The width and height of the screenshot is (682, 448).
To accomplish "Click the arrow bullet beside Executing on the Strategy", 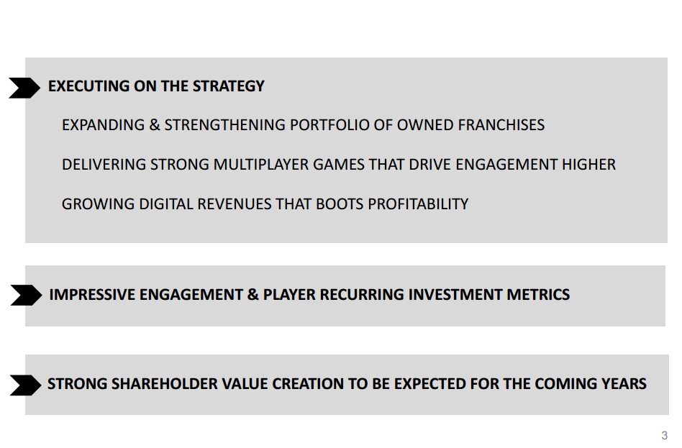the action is point(24,88).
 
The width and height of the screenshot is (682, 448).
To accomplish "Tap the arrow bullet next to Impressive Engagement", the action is point(26,295).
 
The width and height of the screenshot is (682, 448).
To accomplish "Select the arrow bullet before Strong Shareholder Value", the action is point(26,385).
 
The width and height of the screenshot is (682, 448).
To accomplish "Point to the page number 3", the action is point(664,435).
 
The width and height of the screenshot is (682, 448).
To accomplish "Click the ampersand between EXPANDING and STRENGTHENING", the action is point(155,125).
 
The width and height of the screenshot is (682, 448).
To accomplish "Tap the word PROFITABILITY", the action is point(418,204).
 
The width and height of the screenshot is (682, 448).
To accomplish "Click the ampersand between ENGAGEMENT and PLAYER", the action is point(253,295).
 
